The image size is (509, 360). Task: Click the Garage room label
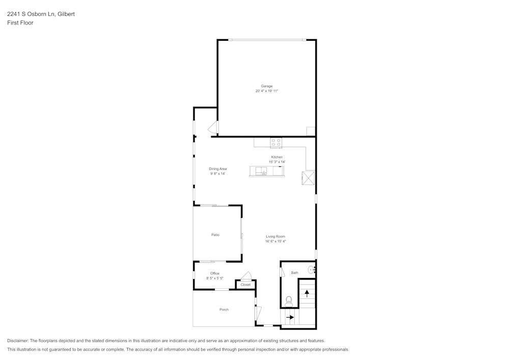click(267, 86)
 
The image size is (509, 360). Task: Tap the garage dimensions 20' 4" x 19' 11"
click(267, 91)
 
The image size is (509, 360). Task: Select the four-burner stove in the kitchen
click(276, 143)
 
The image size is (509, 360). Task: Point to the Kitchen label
click(276, 157)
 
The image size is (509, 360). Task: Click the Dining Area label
click(217, 169)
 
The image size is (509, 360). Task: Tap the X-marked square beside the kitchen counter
click(308, 178)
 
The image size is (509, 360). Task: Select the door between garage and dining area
click(214, 128)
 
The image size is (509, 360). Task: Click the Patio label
click(215, 235)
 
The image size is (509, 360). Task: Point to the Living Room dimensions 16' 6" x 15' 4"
click(275, 241)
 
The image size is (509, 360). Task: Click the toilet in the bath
click(289, 300)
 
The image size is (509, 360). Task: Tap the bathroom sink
click(311, 270)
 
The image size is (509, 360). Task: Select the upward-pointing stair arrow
click(306, 293)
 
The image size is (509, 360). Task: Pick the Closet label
click(245, 285)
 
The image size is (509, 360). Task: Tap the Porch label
click(224, 310)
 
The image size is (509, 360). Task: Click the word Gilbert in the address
click(66, 14)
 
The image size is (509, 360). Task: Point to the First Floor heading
click(20, 23)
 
